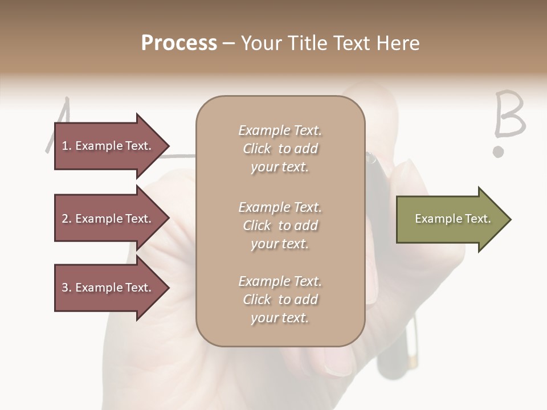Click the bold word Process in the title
(179, 43)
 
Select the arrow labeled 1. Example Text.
(111, 146)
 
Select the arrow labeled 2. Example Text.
(111, 219)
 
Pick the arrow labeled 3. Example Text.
(111, 288)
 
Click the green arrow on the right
(453, 219)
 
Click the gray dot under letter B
(499, 151)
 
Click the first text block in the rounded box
(280, 149)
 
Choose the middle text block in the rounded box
(280, 225)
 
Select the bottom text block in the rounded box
(280, 300)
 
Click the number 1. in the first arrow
(67, 146)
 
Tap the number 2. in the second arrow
(67, 219)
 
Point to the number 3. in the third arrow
(67, 288)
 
